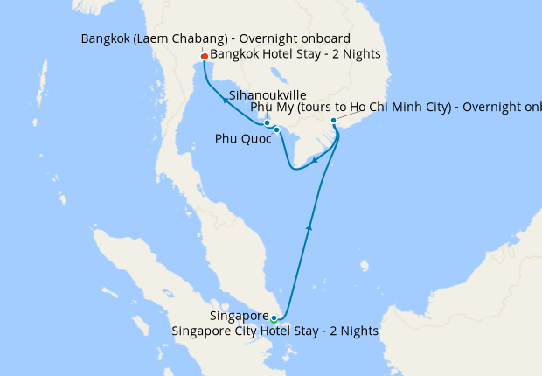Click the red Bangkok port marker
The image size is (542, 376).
point(204,57)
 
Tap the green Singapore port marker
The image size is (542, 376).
point(274,318)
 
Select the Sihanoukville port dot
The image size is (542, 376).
point(267,123)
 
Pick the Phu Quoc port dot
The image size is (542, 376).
point(276,130)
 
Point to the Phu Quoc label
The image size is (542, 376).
point(243,139)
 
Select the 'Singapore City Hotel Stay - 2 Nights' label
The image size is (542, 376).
point(275,331)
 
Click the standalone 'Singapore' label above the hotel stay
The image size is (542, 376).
point(239,316)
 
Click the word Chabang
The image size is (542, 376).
point(219,38)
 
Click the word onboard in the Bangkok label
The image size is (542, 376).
point(326,38)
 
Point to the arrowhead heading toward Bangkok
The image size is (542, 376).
point(225,101)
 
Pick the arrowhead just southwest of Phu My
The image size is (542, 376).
point(315,160)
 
